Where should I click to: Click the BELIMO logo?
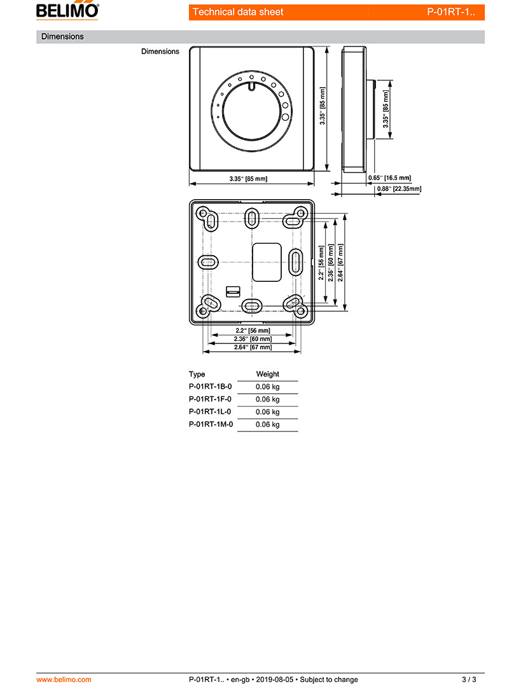coord(67,10)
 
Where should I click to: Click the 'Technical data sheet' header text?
coord(238,12)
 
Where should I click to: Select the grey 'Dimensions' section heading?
coord(62,37)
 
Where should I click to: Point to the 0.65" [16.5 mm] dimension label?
coord(389,178)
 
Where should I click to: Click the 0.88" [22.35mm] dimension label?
coord(399,189)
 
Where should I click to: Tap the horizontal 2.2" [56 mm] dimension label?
coord(253,331)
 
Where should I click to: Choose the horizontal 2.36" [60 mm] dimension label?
coord(253,339)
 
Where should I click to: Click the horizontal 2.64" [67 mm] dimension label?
coord(253,347)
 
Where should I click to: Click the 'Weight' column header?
coord(267,374)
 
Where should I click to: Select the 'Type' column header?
coord(197,374)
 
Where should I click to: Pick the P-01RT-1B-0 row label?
coord(211,386)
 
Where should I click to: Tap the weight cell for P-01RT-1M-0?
coord(267,424)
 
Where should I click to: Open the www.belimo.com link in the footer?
coord(64,679)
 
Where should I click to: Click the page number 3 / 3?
coord(469,679)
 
